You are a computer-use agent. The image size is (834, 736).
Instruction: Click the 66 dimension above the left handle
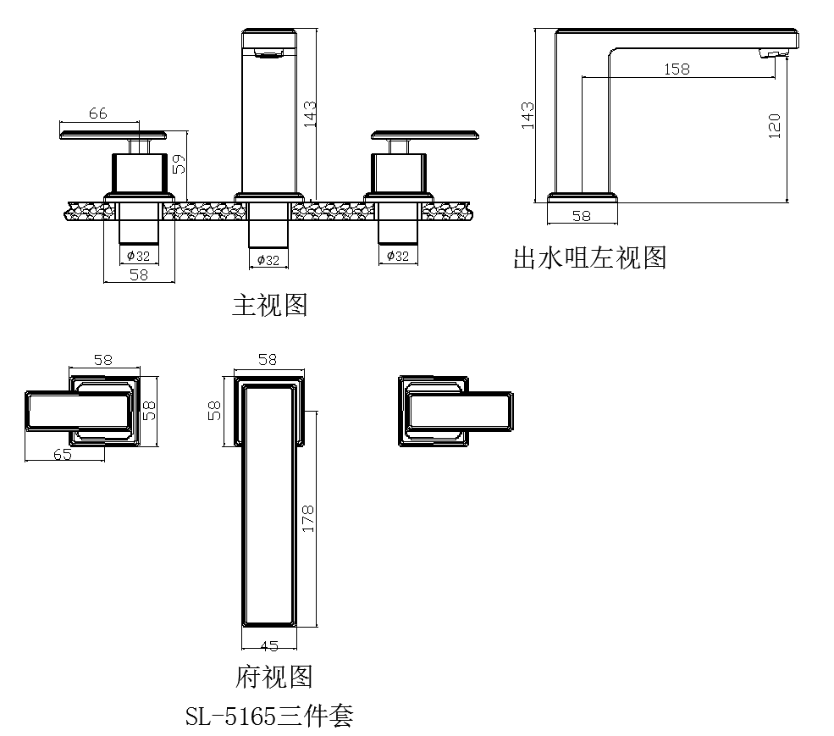click(x=97, y=113)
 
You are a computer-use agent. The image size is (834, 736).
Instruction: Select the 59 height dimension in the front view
click(x=179, y=163)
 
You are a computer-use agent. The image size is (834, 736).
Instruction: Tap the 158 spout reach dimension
click(x=677, y=69)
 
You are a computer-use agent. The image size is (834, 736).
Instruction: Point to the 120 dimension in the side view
click(x=774, y=125)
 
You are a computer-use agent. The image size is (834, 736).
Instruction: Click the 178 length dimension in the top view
click(x=307, y=518)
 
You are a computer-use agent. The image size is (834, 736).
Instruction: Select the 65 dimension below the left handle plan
click(x=62, y=453)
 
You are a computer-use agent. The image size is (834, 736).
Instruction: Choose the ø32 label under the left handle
click(x=138, y=255)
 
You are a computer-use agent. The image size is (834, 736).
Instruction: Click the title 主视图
click(x=269, y=305)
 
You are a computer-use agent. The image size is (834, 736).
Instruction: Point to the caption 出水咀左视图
click(x=589, y=257)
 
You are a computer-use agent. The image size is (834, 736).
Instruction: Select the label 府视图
click(x=273, y=676)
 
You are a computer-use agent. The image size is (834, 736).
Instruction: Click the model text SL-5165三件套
click(x=269, y=717)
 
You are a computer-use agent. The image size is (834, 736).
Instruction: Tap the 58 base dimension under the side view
click(x=581, y=216)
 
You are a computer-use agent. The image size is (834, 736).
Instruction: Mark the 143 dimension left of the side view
click(x=527, y=114)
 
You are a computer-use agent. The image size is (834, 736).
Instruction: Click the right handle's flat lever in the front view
click(x=423, y=134)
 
